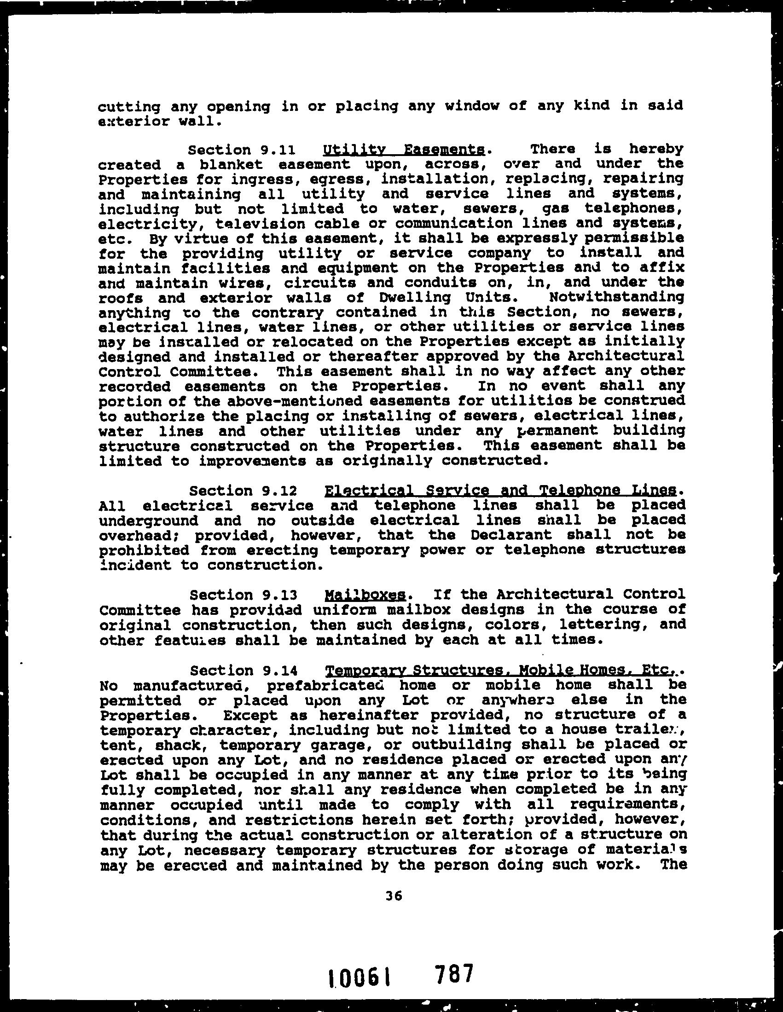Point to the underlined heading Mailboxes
366,595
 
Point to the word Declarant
511,535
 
